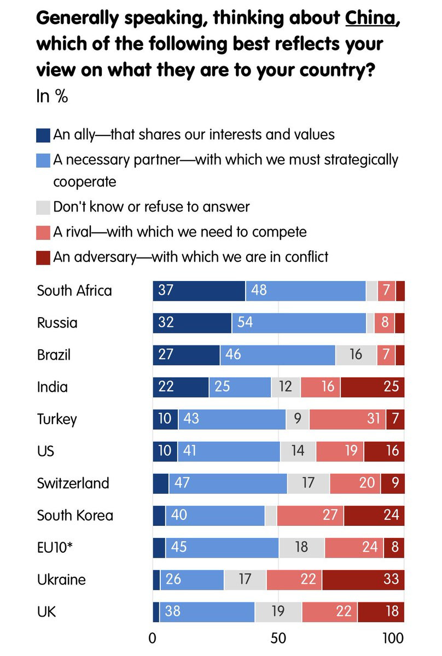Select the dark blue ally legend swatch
[x=44, y=134]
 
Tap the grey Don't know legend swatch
[x=44, y=207]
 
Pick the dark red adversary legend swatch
[x=44, y=256]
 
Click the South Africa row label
[x=74, y=290]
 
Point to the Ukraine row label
[x=61, y=579]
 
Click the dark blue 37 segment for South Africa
[x=199, y=290]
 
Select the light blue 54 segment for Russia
[x=299, y=323]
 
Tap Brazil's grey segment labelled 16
[x=356, y=355]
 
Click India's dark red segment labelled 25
[x=373, y=387]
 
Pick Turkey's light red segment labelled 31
[x=347, y=419]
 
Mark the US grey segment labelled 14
[x=298, y=452]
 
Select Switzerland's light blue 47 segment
[x=228, y=483]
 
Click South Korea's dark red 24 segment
[x=374, y=516]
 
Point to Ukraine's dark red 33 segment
[x=363, y=579]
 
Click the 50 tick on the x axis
[x=278, y=638]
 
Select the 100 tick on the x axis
[x=393, y=638]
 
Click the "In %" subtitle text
[x=52, y=97]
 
